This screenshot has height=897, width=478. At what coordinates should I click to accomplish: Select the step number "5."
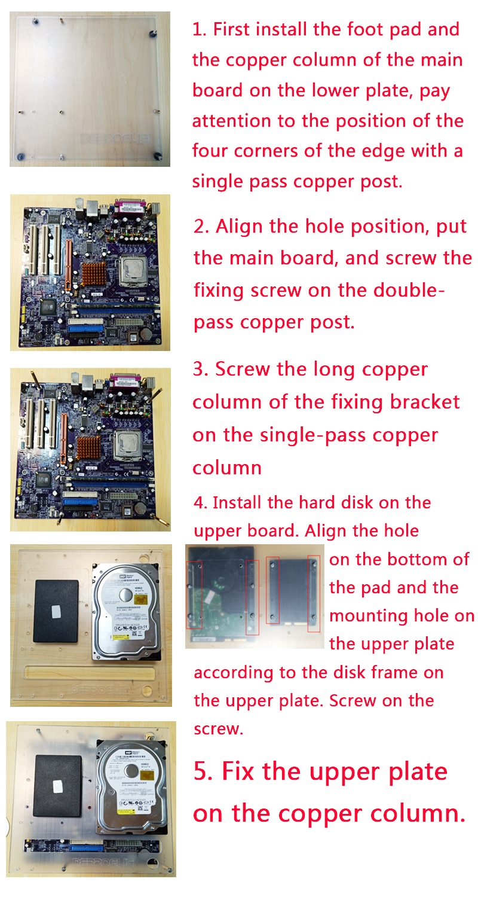pyautogui.click(x=204, y=771)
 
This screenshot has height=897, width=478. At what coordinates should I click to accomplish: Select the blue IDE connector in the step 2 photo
pyautogui.click(x=87, y=328)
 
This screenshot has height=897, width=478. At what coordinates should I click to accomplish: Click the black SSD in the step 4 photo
pyautogui.click(x=56, y=611)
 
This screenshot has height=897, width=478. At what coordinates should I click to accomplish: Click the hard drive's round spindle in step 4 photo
pyautogui.click(x=125, y=594)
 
